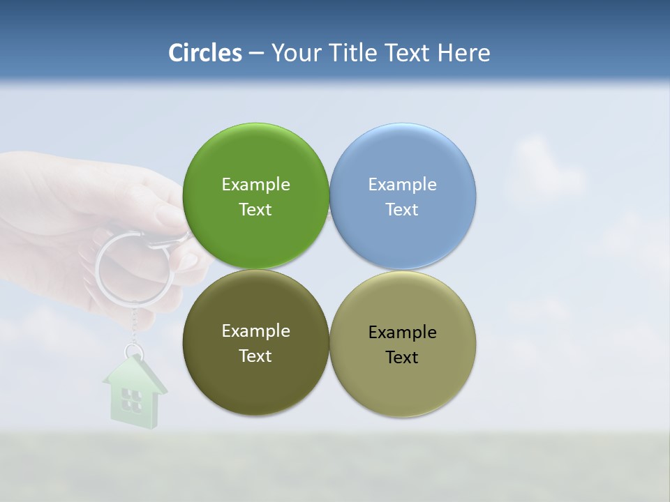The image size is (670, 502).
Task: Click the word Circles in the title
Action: (205, 53)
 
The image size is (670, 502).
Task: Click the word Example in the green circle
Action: (255, 184)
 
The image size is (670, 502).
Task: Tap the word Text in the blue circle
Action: (402, 210)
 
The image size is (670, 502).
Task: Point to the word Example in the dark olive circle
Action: (255, 330)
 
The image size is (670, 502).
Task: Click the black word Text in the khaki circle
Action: (402, 358)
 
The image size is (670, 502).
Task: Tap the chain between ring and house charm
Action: (133, 324)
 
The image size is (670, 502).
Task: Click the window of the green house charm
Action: (131, 399)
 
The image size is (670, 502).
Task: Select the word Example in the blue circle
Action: (402, 184)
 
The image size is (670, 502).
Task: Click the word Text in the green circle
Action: (255, 210)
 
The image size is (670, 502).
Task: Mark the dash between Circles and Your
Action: (256, 54)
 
